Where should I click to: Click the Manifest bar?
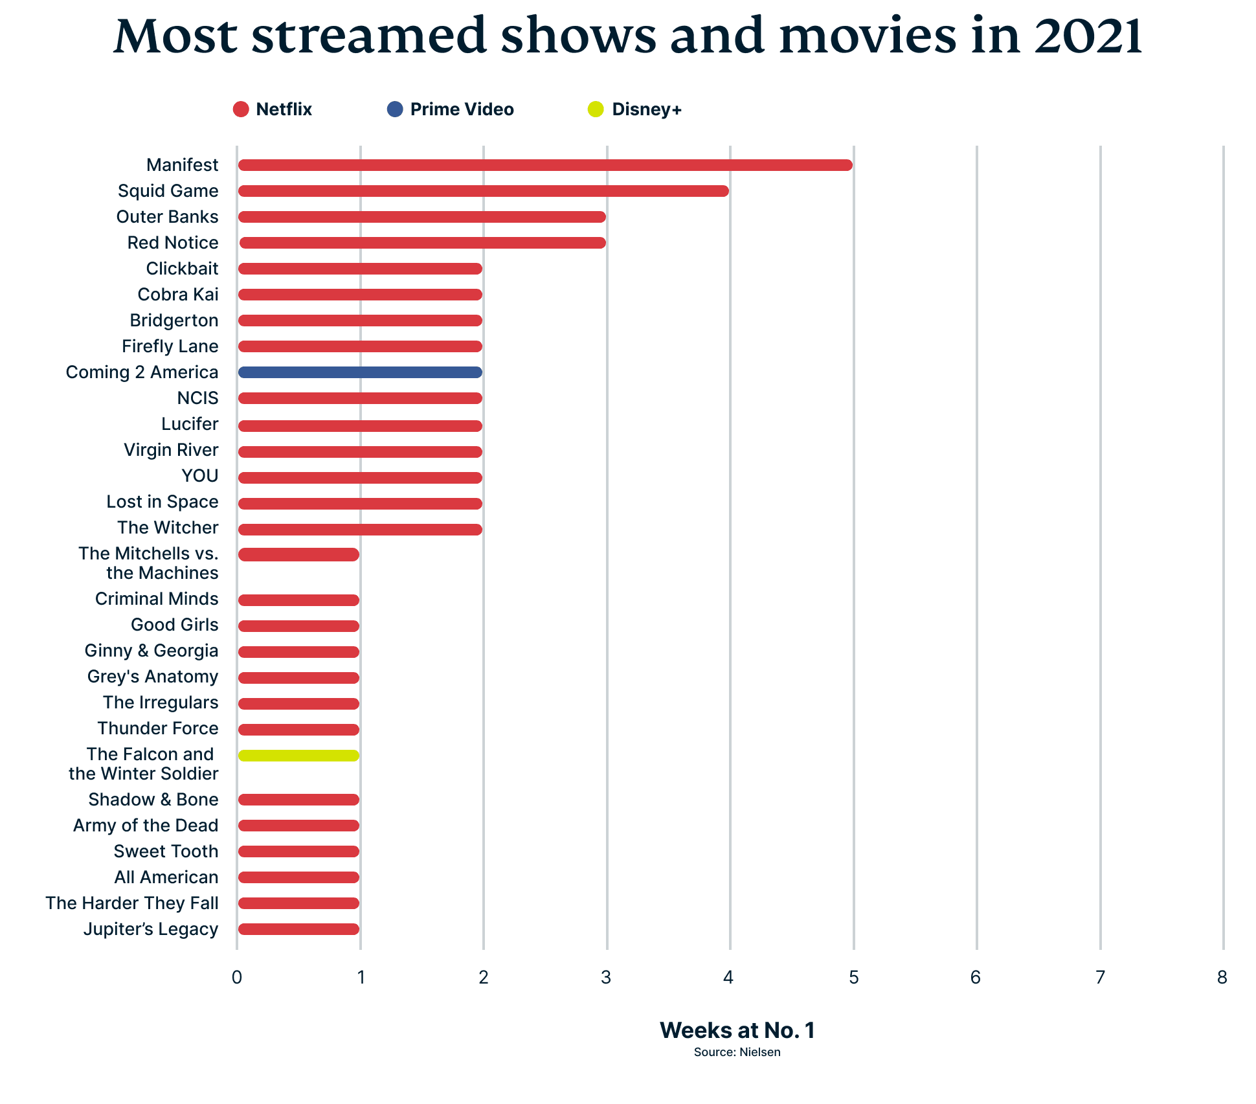[x=545, y=165]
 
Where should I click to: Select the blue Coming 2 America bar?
[x=360, y=372]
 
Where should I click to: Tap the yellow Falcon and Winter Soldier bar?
[x=298, y=756]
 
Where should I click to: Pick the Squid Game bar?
[x=483, y=191]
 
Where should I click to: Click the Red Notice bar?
[x=422, y=243]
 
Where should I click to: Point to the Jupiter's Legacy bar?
[x=298, y=929]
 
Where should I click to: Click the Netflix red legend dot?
[x=241, y=109]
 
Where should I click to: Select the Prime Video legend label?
[x=462, y=109]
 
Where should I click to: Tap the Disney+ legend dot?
[x=595, y=109]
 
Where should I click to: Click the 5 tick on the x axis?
[x=853, y=977]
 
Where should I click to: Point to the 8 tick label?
[x=1222, y=977]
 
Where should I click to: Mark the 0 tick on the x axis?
[x=237, y=977]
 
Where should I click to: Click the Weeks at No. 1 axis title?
[x=737, y=1030]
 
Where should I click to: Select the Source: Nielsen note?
[x=737, y=1052]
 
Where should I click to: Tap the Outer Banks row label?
[x=167, y=217]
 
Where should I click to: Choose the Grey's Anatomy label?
[x=153, y=677]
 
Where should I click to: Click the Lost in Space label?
[x=163, y=502]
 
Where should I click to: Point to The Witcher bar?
[x=360, y=530]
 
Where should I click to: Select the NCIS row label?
[x=197, y=398]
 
